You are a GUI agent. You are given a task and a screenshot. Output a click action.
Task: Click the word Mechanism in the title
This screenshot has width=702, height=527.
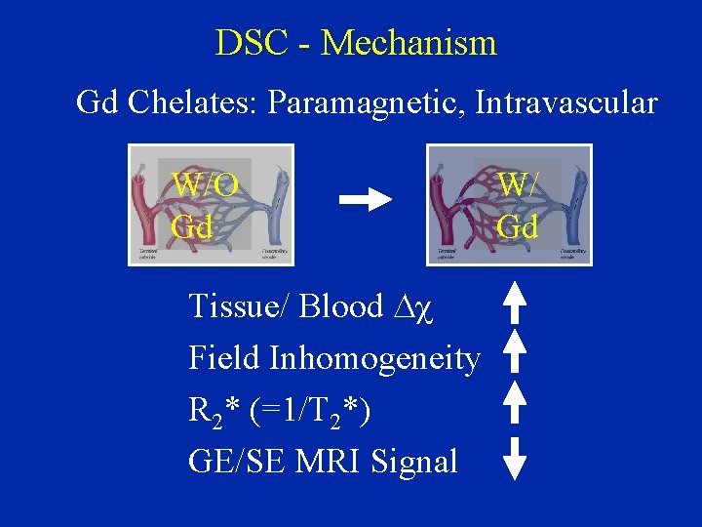coord(409,43)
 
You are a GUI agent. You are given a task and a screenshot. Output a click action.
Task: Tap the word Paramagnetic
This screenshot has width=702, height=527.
coord(368,102)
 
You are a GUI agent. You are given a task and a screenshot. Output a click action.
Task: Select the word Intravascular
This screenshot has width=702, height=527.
coord(566,102)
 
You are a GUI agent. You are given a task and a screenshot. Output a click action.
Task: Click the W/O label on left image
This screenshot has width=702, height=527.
coord(205,183)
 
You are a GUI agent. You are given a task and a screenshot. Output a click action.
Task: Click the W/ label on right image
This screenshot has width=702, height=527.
coord(517,183)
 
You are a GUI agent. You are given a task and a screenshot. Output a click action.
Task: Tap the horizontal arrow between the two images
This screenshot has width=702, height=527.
coord(365,200)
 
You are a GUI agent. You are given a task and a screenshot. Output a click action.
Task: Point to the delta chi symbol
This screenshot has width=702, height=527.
coord(413,307)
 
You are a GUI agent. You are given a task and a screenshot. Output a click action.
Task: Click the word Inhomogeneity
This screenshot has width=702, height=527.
coord(374,358)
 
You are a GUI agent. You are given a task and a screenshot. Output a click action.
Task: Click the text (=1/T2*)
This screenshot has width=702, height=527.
coord(310,411)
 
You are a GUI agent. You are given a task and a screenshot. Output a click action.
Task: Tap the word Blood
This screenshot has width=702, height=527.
coord(340,306)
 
